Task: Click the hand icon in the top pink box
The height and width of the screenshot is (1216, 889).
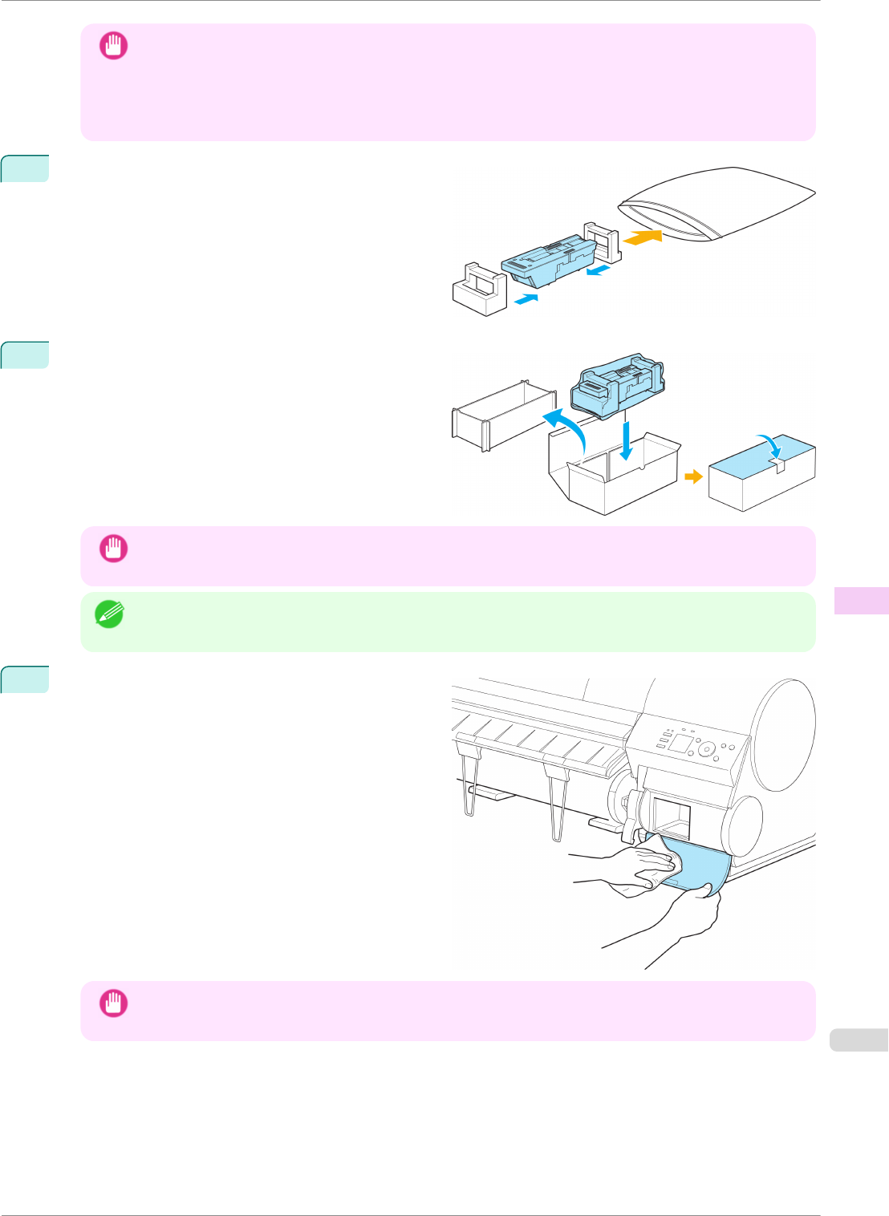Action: point(113,47)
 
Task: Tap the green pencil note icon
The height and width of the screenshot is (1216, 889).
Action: point(108,614)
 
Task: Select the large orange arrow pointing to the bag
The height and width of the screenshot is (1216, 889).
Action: point(643,237)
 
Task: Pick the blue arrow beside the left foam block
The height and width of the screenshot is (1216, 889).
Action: point(525,299)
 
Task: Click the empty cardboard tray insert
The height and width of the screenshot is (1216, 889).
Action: point(503,415)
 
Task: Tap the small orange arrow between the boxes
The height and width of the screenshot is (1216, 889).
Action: point(694,477)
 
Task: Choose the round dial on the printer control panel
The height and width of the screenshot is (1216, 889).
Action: point(707,750)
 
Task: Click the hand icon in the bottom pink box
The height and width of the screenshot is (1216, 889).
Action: point(113,1003)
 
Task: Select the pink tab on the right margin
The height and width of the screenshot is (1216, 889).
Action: point(861,601)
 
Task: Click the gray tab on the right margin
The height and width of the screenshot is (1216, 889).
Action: point(859,1040)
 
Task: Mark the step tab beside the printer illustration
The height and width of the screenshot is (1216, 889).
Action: point(25,679)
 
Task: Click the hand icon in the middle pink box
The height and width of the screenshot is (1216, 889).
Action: point(113,549)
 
